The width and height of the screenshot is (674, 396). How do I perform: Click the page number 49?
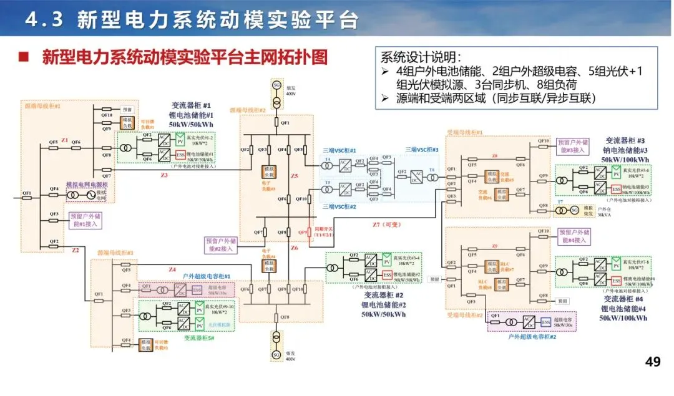click(x=652, y=362)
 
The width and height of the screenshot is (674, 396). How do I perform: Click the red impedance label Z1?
click(x=64, y=141)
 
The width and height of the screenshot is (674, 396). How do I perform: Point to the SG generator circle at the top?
click(x=276, y=85)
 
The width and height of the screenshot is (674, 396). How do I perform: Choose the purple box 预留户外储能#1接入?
click(x=84, y=219)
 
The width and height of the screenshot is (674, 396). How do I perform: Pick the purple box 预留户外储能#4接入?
click(x=572, y=236)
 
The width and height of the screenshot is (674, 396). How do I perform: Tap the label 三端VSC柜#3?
click(x=422, y=150)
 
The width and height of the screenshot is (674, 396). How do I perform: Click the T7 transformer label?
click(x=560, y=201)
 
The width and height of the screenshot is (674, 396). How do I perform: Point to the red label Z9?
click(x=494, y=246)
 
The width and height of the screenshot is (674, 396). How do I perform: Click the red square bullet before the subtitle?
click(x=24, y=58)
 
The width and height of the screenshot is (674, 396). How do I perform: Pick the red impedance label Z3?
click(x=164, y=176)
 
